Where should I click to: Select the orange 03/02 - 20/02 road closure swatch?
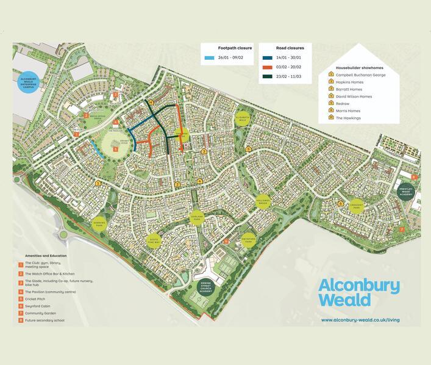click(x=268, y=67)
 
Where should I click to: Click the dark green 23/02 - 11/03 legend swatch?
click(x=268, y=77)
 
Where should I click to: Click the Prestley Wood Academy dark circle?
click(x=407, y=190)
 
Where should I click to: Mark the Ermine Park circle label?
click(x=101, y=223)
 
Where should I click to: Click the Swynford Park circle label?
click(x=247, y=239)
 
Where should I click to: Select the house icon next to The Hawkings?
click(x=330, y=118)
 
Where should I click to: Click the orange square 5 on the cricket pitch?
click(x=116, y=149)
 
